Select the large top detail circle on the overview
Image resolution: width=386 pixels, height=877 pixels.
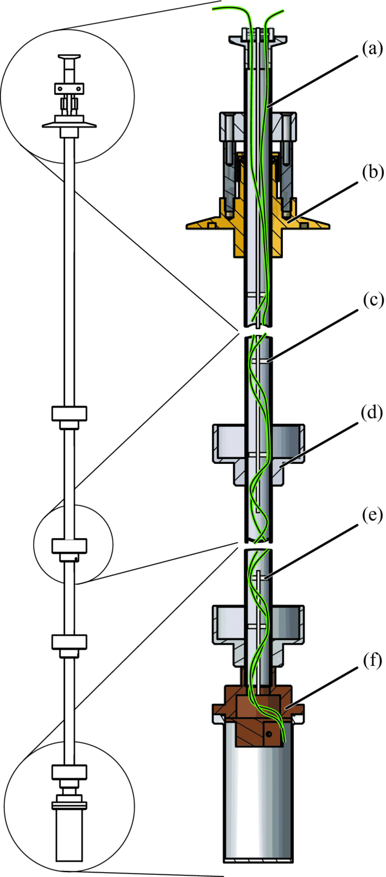[x=67, y=96]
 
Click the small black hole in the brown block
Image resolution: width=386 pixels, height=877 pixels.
[x=269, y=735]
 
